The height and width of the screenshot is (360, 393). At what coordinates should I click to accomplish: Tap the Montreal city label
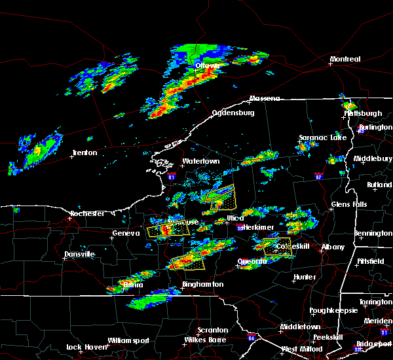(345, 60)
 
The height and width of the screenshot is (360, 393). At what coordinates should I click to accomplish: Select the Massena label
(264, 99)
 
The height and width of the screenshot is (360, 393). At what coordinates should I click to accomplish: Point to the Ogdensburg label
(233, 113)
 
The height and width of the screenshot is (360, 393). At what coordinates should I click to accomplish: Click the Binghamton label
(202, 285)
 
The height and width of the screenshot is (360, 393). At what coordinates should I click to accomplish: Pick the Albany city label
(332, 247)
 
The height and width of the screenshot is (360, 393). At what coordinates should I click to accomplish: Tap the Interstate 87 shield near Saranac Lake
(318, 176)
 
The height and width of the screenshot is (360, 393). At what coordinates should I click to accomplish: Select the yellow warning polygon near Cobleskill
(277, 247)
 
